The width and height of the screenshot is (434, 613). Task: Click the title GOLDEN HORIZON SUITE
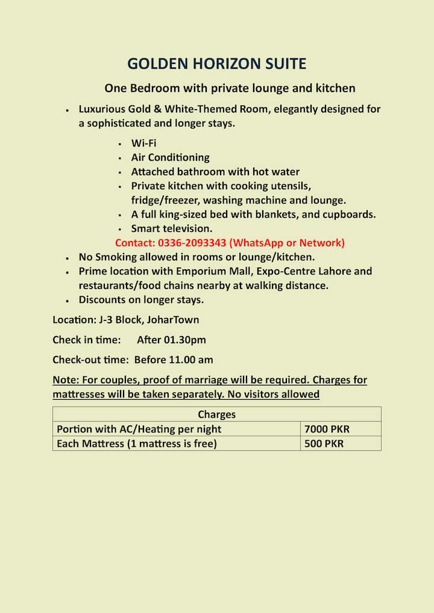(217, 64)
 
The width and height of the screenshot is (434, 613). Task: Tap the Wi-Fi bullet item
(143, 143)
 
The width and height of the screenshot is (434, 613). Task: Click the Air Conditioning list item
(170, 157)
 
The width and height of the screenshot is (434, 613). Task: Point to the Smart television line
(171, 228)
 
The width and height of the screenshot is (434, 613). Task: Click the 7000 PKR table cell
(327, 429)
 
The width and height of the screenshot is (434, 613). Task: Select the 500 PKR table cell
(325, 444)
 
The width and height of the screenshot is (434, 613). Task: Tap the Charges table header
(216, 414)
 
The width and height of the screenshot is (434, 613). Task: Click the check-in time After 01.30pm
(171, 340)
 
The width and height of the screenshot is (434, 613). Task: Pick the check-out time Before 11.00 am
(174, 359)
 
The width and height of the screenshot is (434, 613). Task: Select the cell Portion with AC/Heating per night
(139, 429)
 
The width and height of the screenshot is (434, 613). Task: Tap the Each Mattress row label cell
(136, 444)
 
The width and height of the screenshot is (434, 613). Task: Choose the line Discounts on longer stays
(141, 299)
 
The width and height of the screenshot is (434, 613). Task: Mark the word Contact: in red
(135, 243)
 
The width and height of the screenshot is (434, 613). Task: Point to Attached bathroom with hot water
(215, 172)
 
